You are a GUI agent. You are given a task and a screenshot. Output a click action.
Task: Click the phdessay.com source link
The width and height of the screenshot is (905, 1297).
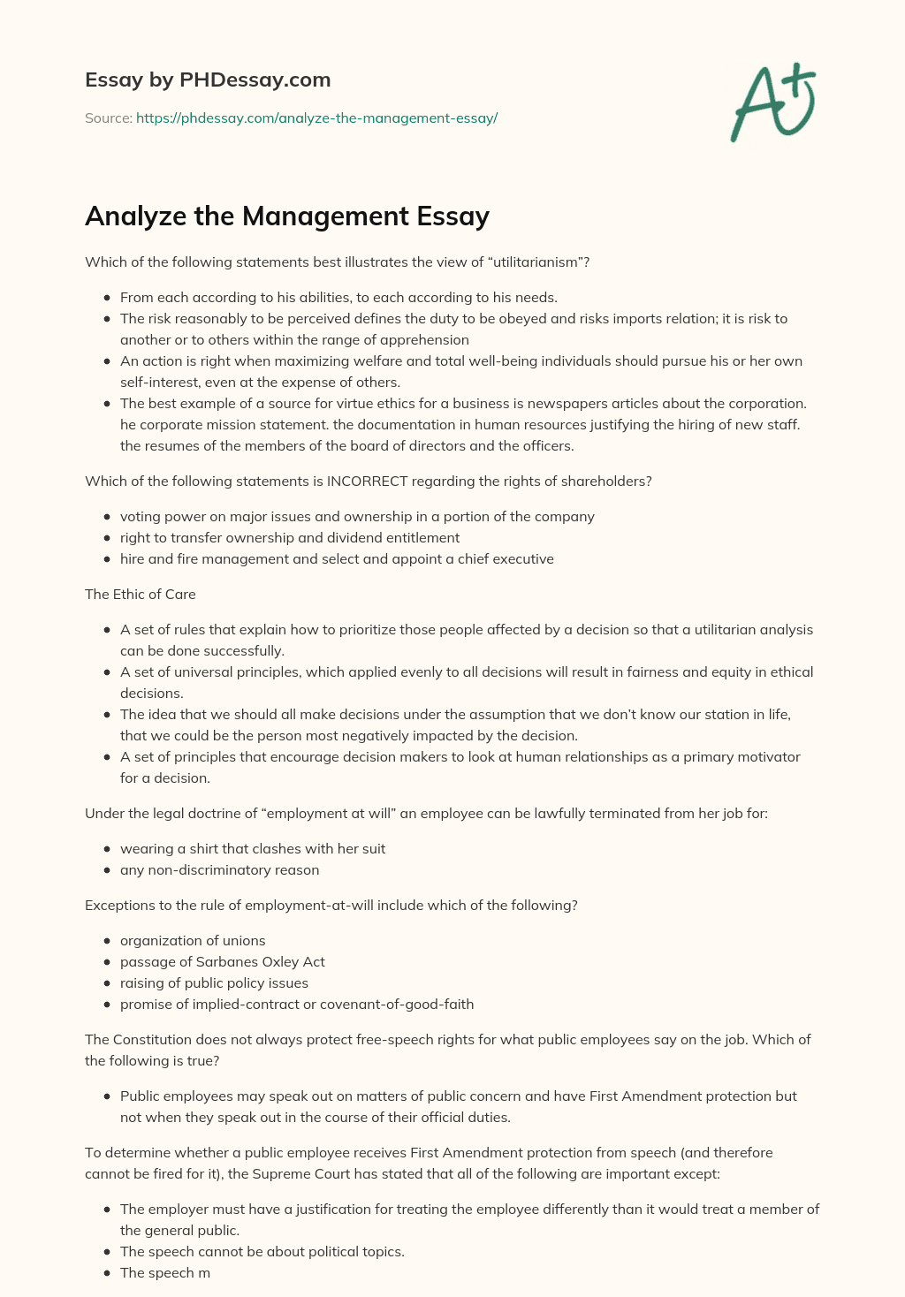[316, 118]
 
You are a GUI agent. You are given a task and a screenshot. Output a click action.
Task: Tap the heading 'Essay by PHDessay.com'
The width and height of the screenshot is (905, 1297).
[208, 80]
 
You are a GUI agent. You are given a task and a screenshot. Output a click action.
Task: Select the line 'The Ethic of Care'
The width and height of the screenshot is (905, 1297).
[141, 594]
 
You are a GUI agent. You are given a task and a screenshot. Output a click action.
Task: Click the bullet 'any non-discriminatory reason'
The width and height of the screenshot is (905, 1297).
[219, 869]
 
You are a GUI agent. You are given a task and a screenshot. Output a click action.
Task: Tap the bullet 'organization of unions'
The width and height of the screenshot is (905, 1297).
[193, 940]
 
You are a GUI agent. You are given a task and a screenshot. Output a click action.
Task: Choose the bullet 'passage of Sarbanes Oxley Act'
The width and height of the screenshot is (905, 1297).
[223, 961]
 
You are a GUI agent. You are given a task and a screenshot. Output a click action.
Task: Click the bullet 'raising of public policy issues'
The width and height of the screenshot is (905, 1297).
[214, 982]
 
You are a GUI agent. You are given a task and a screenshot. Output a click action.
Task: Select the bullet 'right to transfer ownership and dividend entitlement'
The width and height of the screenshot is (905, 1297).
[290, 537]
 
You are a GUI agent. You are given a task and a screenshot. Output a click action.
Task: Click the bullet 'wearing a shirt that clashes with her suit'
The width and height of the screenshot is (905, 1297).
[253, 848]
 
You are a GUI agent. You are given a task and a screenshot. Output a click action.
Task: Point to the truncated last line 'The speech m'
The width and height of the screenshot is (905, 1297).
[165, 1272]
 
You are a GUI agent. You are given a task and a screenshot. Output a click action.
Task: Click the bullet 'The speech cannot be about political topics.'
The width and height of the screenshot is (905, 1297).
[262, 1251]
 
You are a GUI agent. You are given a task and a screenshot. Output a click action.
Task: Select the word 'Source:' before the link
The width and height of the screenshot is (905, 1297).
[108, 118]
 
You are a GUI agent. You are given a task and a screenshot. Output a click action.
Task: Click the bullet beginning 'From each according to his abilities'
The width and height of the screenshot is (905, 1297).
[338, 297]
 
